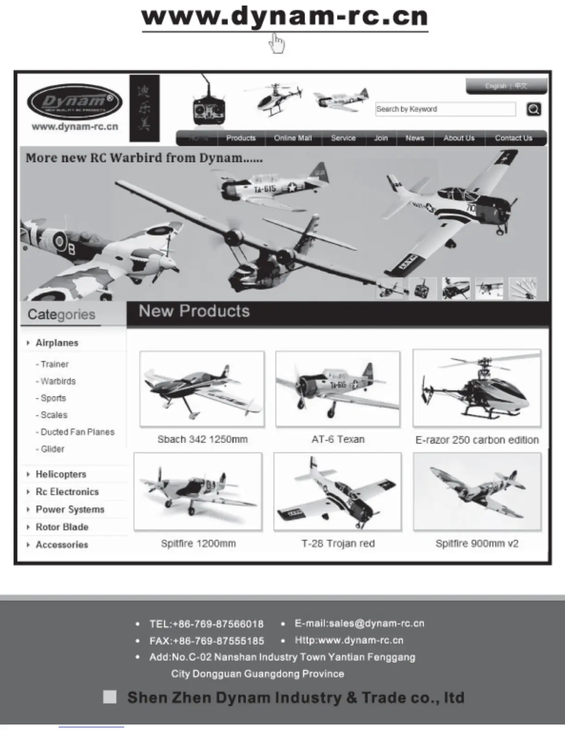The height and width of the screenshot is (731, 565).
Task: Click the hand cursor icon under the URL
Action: [x=277, y=43]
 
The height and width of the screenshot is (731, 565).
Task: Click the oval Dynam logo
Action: [x=74, y=102]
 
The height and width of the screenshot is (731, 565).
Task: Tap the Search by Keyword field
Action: [x=445, y=109]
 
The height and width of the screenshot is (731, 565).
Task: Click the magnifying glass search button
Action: [x=534, y=109]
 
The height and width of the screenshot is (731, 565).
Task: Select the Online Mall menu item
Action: [x=293, y=138]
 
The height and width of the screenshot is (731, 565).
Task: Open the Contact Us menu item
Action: [x=513, y=138]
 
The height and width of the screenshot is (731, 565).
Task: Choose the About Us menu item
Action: [x=459, y=138]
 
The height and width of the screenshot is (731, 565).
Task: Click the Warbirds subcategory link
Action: [x=58, y=381]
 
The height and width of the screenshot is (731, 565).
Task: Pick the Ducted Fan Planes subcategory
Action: [x=77, y=432]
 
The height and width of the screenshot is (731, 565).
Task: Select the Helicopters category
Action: [x=60, y=474]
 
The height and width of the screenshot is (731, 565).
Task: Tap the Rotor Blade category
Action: [x=62, y=527]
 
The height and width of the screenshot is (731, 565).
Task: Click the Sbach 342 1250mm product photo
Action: [x=202, y=389]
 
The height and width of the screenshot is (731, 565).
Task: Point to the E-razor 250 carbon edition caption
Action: [x=477, y=440]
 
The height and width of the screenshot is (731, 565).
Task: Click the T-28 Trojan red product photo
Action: [x=338, y=492]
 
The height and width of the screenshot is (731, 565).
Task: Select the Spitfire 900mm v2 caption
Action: [x=477, y=544]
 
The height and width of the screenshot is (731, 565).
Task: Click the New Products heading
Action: [x=194, y=312]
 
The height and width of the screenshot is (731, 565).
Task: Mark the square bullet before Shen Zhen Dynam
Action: [x=109, y=697]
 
